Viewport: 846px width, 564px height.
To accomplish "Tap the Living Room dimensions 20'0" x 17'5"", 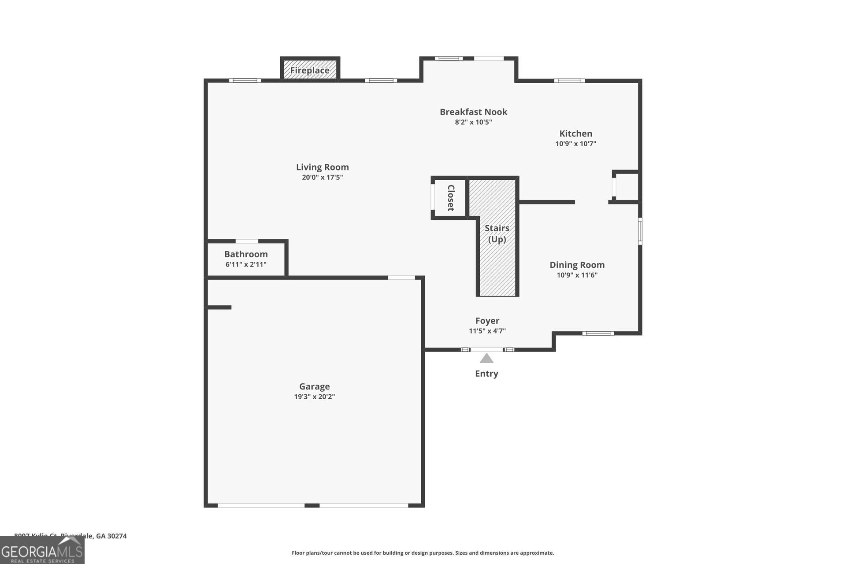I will [x=322, y=178].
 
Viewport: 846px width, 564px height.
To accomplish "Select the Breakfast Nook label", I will [x=473, y=112].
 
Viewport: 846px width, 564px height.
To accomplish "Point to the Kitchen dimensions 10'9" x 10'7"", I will [x=575, y=144].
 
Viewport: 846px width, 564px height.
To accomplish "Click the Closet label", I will [x=450, y=198].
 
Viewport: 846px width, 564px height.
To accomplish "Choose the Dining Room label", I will [x=577, y=265].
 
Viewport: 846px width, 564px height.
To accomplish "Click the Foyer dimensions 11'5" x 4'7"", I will [x=487, y=331].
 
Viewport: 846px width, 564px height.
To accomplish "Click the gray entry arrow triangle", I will [x=486, y=359].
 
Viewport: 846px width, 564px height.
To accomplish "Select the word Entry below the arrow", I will [x=486, y=374].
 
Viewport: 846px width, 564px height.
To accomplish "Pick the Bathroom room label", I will [x=246, y=254].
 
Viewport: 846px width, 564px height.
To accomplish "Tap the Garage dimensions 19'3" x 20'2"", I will [x=314, y=397].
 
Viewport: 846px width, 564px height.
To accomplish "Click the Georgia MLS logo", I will [x=42, y=551].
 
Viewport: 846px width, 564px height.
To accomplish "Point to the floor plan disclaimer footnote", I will [x=423, y=553].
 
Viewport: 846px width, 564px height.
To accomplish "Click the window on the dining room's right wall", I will [x=640, y=230].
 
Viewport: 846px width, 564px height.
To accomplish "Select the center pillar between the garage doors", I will [x=312, y=505].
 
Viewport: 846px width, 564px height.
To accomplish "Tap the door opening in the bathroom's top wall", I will [x=247, y=241].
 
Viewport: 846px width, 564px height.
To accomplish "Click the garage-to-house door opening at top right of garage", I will [x=401, y=278].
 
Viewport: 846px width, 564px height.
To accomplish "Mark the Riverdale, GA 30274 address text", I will [x=93, y=536].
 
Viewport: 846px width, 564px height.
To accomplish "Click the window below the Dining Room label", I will [x=598, y=333].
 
